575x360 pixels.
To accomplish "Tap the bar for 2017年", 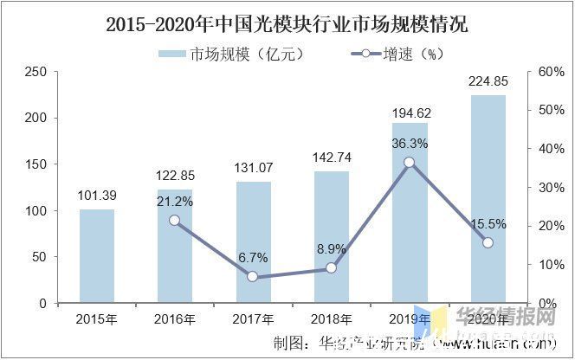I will click(x=253, y=242).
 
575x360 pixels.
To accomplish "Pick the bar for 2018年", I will click(x=332, y=237).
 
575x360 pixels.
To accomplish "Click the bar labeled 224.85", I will click(x=488, y=199).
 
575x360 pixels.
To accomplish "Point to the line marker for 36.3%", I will click(x=410, y=163).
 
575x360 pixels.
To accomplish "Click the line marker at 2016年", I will click(x=175, y=221).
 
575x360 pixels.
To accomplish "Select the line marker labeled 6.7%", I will click(x=253, y=277).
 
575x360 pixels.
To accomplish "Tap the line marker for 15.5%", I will click(x=488, y=243).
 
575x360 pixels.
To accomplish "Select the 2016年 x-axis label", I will click(x=175, y=320).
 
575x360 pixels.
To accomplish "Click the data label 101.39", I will click(x=97, y=196).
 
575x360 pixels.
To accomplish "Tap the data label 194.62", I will click(x=410, y=112).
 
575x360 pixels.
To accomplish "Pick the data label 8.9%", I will click(x=332, y=249).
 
